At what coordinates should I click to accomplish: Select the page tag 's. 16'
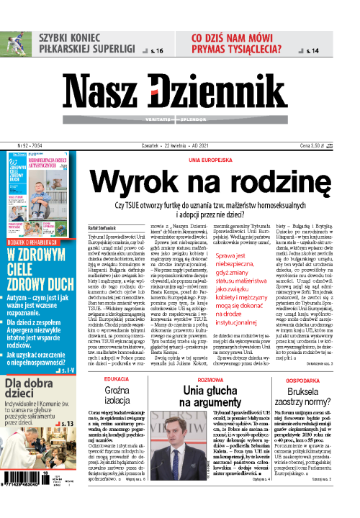[x=156, y=51]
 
